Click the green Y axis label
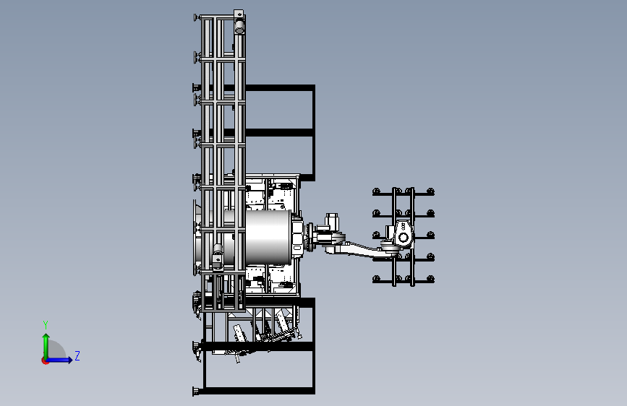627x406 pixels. pos(46,325)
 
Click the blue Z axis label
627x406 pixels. pos(77,355)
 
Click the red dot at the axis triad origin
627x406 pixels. pos(45,360)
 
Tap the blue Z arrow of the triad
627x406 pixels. pos(59,360)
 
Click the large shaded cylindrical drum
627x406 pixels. pos(268,238)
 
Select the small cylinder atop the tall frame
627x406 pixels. pos(239,27)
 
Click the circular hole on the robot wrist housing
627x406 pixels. pos(403,238)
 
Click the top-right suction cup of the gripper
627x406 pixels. pos(430,191)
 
